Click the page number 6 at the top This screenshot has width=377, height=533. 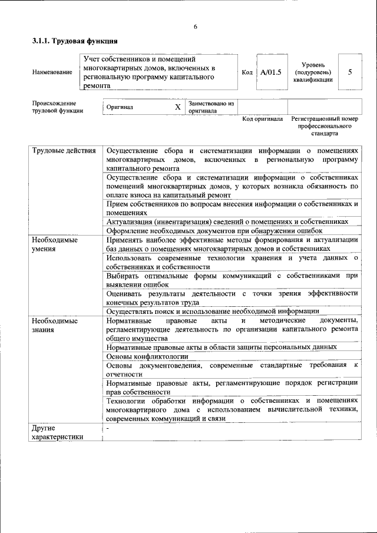195,27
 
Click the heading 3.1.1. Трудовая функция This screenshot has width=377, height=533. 75,41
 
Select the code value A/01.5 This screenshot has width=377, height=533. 271,72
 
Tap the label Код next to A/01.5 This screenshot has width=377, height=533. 247,72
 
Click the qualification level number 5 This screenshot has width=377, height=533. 350,72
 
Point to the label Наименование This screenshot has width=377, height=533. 52,72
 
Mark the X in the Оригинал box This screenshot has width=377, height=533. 177,107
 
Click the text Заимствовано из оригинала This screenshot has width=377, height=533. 211,107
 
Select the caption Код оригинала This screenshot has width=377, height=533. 263,119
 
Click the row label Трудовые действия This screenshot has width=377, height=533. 64,151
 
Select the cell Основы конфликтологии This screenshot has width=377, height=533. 147,356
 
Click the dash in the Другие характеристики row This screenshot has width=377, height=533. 108,428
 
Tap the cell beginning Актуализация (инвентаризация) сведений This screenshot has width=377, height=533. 226,221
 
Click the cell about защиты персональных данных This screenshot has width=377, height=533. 221,347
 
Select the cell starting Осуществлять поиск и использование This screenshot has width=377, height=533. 213,310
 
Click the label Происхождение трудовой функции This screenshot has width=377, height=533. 58,107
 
